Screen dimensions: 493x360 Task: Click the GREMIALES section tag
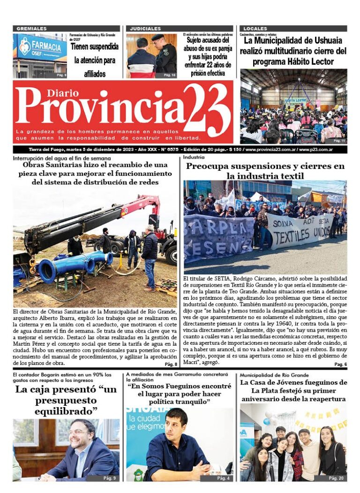pyautogui.click(x=31, y=29)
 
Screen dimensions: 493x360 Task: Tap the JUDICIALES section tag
pyautogui.click(x=145, y=29)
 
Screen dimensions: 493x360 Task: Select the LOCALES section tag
pyautogui.click(x=255, y=29)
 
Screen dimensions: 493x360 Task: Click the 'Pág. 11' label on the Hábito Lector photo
pyautogui.click(x=339, y=140)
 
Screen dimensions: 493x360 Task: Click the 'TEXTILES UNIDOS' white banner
pyautogui.click(x=300, y=232)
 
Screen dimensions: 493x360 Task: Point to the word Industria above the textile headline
pyautogui.click(x=193, y=158)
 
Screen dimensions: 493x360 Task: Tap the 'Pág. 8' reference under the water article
pyautogui.click(x=171, y=364)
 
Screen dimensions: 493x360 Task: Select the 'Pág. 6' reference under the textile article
pyautogui.click(x=340, y=364)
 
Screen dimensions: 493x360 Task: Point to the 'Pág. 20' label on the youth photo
pyautogui.click(x=336, y=478)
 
